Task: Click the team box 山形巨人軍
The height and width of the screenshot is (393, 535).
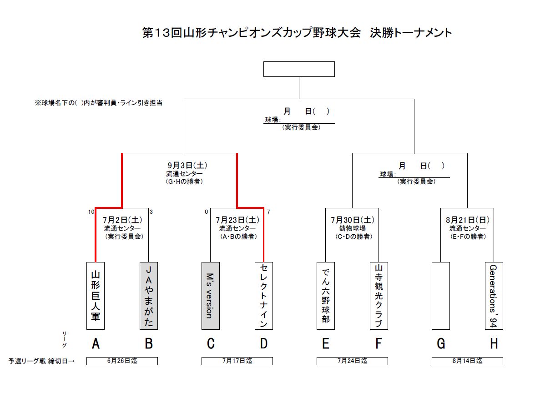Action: click(96, 296)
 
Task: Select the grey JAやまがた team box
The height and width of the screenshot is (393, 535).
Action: click(149, 296)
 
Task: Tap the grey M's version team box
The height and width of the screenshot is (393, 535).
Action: click(210, 296)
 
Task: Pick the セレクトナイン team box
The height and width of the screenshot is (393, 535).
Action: click(264, 296)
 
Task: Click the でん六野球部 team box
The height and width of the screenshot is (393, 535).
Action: click(326, 296)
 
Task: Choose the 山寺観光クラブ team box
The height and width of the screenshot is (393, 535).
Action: click(379, 296)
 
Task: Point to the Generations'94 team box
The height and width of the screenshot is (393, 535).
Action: click(494, 296)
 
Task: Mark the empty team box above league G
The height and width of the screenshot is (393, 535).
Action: click(440, 296)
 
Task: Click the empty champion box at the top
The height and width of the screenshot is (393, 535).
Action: click(299, 69)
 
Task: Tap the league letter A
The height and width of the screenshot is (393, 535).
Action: click(96, 344)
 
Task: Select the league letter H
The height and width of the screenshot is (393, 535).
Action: click(494, 344)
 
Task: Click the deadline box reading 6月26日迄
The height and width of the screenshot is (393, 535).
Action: click(122, 361)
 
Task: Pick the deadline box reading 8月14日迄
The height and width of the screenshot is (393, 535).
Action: click(467, 361)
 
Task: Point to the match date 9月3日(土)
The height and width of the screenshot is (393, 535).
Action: click(184, 166)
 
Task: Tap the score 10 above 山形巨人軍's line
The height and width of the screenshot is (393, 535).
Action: click(91, 212)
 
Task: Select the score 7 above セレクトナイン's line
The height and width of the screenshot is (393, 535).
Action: click(268, 212)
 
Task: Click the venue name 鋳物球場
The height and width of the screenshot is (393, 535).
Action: click(353, 228)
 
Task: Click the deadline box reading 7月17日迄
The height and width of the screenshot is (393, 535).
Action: click(237, 361)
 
